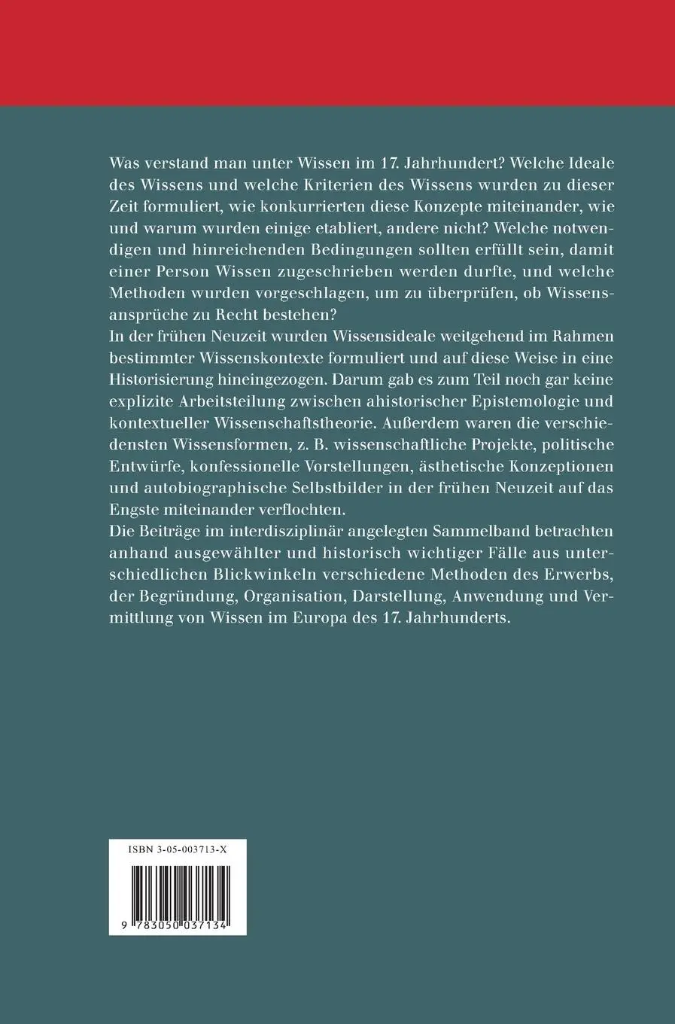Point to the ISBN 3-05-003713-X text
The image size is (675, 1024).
tap(178, 849)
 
